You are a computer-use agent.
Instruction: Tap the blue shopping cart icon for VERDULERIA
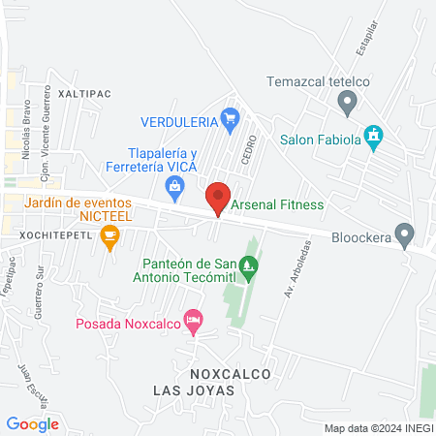click(x=230, y=120)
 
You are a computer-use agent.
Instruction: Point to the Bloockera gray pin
click(x=405, y=234)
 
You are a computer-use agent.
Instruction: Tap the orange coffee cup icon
click(x=110, y=234)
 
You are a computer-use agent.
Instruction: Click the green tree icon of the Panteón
click(x=250, y=264)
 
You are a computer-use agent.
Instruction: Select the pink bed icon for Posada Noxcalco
click(x=194, y=319)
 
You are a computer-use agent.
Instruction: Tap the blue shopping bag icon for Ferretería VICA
click(x=175, y=186)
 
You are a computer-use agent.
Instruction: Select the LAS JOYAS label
click(x=194, y=389)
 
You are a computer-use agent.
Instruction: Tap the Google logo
click(x=32, y=423)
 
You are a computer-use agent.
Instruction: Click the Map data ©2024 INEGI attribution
click(x=377, y=428)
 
